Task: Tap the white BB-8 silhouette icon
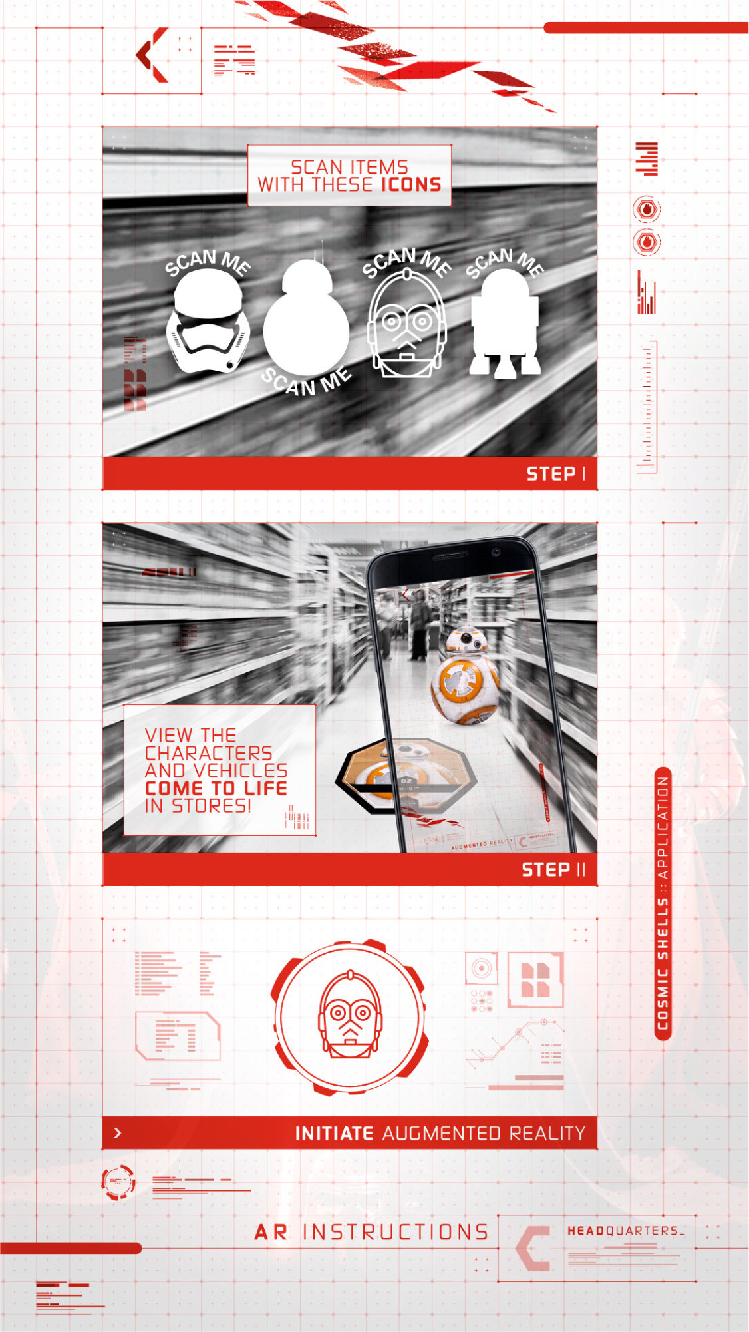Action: [x=306, y=320]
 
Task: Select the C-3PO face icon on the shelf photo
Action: [x=406, y=327]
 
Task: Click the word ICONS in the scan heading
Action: [x=410, y=185]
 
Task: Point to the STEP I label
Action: [x=556, y=474]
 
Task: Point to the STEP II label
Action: [x=553, y=870]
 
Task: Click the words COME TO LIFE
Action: [x=216, y=788]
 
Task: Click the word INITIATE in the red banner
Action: [x=335, y=1133]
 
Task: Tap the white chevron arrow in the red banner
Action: [x=118, y=1133]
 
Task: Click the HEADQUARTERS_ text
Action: [x=625, y=1231]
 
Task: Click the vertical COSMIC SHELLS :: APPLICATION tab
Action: [x=663, y=903]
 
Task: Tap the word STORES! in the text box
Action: [x=212, y=806]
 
